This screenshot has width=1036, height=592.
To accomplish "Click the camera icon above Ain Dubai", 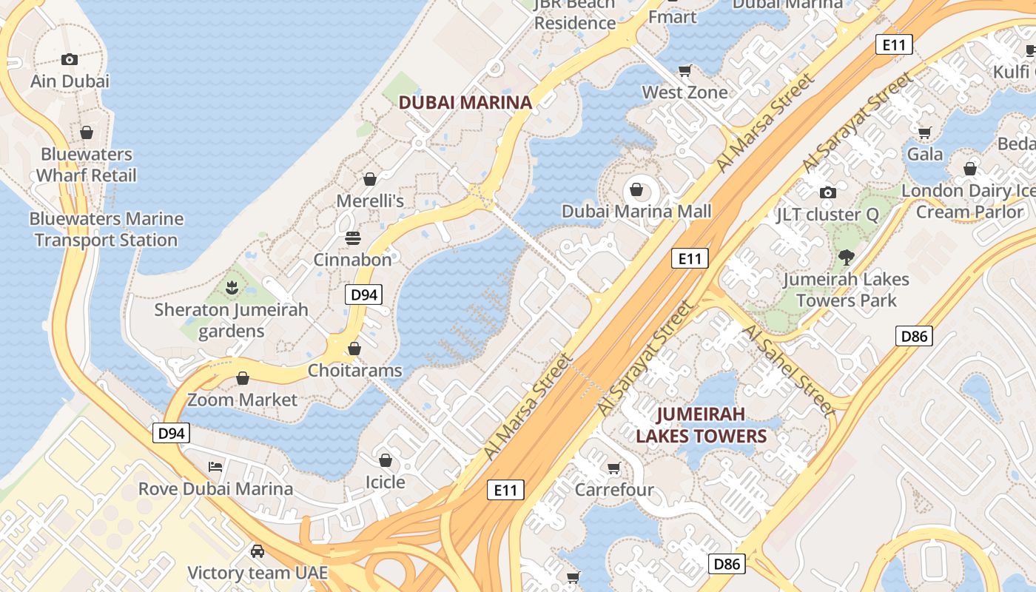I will pyautogui.click(x=70, y=59).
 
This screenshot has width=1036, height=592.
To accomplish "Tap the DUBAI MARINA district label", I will pyautogui.click(x=465, y=103).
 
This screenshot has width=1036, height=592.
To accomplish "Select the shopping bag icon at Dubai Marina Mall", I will pyautogui.click(x=636, y=190).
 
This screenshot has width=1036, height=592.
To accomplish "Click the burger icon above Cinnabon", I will pyautogui.click(x=353, y=238).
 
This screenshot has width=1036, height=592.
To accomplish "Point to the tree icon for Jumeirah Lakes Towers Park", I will pyautogui.click(x=846, y=258).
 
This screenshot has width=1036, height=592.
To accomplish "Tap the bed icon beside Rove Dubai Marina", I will pyautogui.click(x=215, y=467).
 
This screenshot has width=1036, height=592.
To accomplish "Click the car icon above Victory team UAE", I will pyautogui.click(x=257, y=551).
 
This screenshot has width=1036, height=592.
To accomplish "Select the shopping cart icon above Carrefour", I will pyautogui.click(x=613, y=468).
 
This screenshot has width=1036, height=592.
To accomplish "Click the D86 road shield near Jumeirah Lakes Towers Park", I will pyautogui.click(x=914, y=336).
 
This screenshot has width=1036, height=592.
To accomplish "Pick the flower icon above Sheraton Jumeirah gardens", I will pyautogui.click(x=232, y=286).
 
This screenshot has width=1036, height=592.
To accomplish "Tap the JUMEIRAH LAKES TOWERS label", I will pyautogui.click(x=701, y=425).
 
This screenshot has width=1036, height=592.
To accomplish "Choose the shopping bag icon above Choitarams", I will pyautogui.click(x=354, y=348).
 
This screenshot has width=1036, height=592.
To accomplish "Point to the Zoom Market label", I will pyautogui.click(x=242, y=400).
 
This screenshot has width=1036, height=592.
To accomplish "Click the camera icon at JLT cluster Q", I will pyautogui.click(x=828, y=192).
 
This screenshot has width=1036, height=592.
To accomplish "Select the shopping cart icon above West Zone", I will pyautogui.click(x=685, y=70).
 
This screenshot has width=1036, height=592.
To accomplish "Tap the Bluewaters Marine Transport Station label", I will pyautogui.click(x=106, y=229).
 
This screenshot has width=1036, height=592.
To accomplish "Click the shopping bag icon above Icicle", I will pyautogui.click(x=385, y=460).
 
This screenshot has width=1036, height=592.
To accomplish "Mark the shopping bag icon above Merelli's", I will pyautogui.click(x=370, y=179).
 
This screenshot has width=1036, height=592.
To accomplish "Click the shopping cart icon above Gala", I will pyautogui.click(x=924, y=132).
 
